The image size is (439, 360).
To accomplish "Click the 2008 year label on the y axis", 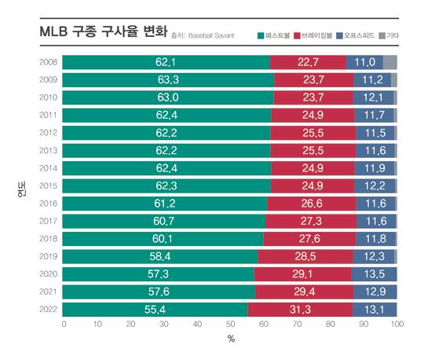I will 47,63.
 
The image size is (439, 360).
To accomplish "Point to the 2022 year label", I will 47,309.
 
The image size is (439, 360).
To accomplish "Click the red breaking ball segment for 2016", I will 310,204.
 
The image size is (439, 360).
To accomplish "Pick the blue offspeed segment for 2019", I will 375,256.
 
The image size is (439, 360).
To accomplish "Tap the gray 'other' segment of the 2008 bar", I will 390,63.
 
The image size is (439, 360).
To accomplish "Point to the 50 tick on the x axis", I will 230,324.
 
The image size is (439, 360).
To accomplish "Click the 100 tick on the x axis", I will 397,324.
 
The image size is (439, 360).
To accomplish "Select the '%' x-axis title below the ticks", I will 231,340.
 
